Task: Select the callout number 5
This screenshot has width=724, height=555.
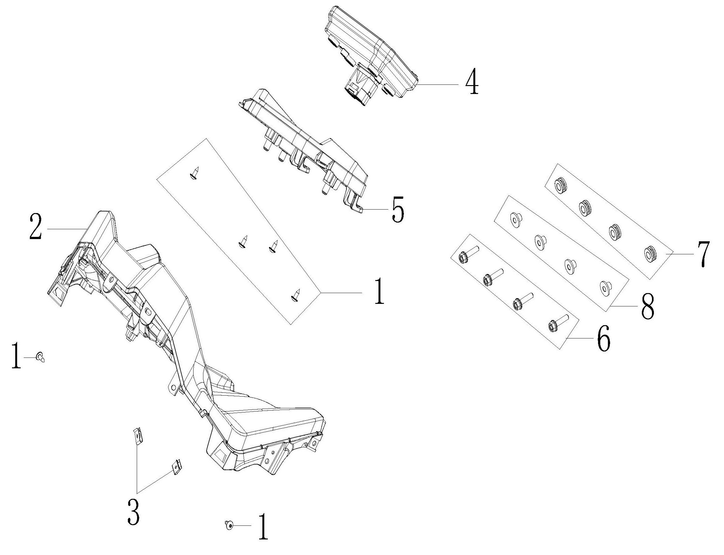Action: tap(398, 210)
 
